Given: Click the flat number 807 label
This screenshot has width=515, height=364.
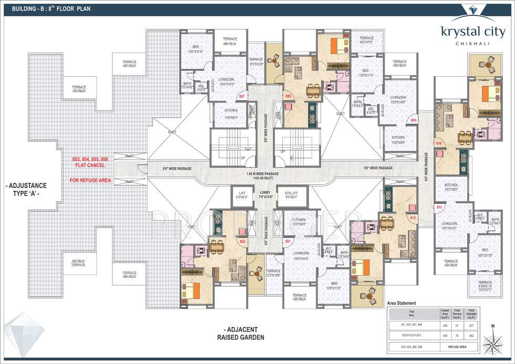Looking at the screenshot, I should (x=242, y=97).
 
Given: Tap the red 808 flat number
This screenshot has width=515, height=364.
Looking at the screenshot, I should (x=288, y=96).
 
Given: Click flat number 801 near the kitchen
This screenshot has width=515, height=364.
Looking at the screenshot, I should (x=287, y=241).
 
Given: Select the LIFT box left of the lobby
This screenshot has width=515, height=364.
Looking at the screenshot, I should (x=242, y=195).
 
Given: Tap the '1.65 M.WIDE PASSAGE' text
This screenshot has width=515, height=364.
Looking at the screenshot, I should (x=265, y=174).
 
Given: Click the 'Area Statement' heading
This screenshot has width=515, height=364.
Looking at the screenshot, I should (x=401, y=303).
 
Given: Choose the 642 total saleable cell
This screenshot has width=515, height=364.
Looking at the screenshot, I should (x=471, y=335).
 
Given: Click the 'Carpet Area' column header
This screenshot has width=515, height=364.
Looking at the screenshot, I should (x=445, y=314).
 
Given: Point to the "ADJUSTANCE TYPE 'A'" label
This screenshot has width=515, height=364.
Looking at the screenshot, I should (x=26, y=189).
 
